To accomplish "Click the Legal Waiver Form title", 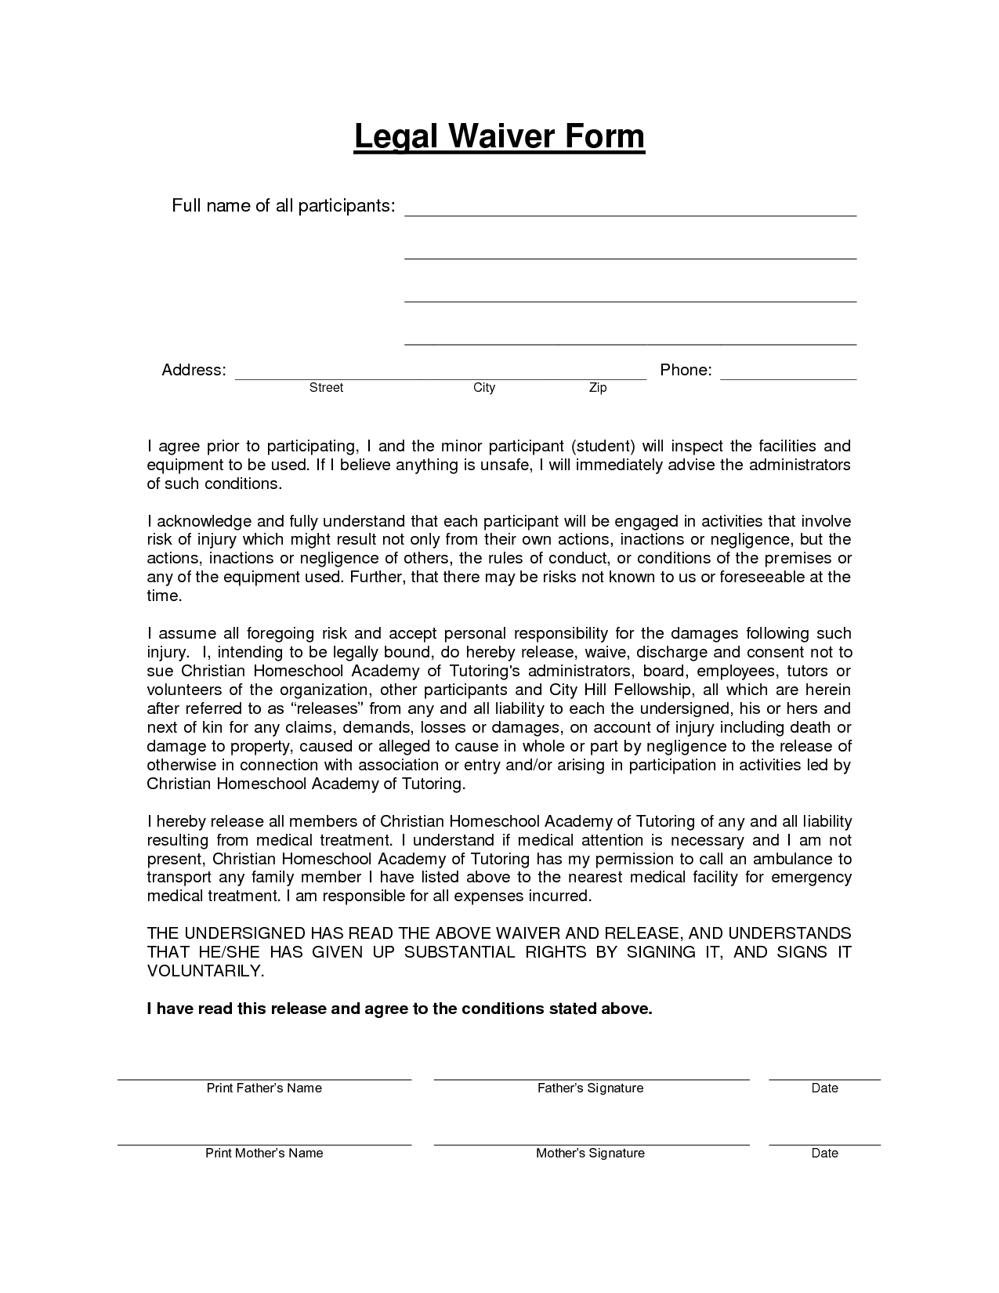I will click(499, 136).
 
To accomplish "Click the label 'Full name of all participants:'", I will click(283, 206).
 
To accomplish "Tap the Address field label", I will click(194, 370).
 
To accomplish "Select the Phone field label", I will click(686, 370).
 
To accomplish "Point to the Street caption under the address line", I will click(326, 388).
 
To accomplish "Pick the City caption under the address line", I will click(484, 388).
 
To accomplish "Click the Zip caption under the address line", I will click(598, 388).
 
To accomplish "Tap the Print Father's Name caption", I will click(264, 1088).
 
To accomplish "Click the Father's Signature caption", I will click(590, 1088).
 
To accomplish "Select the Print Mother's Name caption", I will click(264, 1153).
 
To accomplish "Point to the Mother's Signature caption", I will click(590, 1153).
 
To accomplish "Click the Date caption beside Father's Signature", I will click(824, 1088).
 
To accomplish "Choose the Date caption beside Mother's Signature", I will click(824, 1153).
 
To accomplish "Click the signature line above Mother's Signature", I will click(591, 1143).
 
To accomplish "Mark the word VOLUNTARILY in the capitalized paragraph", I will click(205, 971).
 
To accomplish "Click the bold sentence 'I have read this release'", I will click(400, 1009).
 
